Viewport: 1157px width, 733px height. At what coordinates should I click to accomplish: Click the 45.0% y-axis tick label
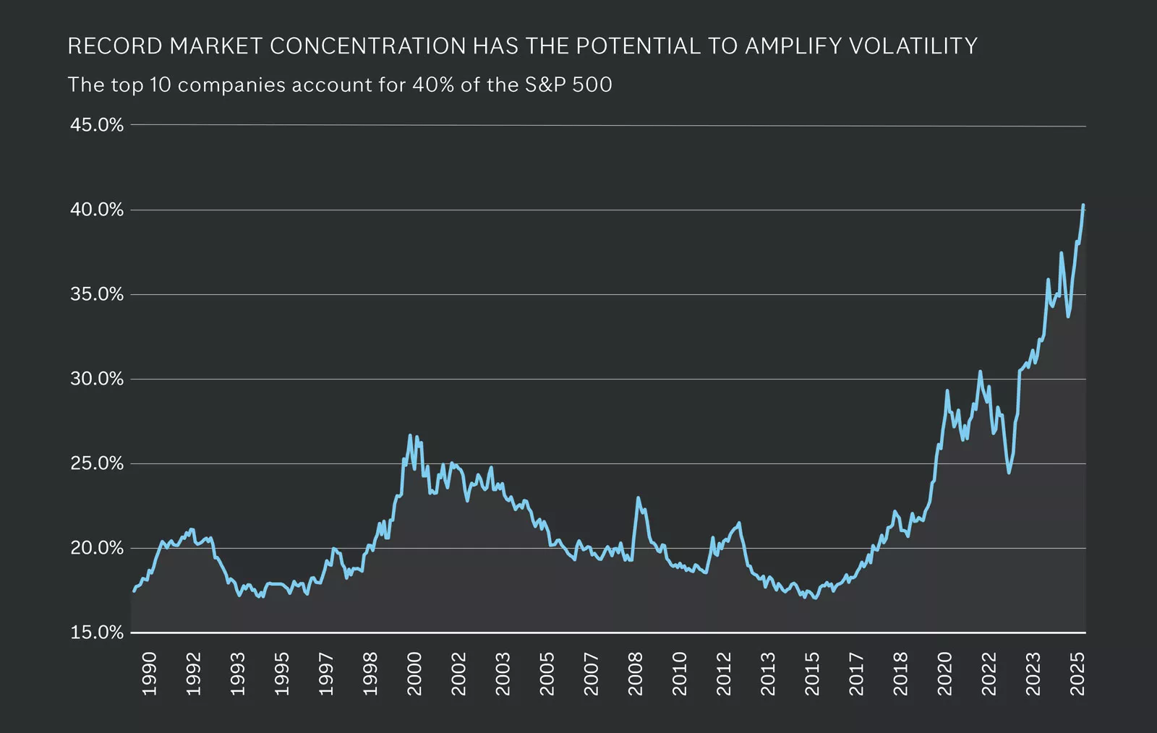coord(97,125)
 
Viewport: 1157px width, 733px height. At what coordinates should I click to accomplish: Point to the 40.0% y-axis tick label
coord(97,210)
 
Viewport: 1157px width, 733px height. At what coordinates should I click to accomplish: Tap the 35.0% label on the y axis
coord(97,294)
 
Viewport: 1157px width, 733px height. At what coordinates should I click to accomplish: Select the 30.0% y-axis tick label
coord(97,379)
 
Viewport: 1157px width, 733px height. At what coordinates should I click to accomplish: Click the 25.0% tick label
coord(97,463)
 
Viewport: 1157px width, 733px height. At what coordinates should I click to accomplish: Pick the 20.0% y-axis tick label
coord(97,548)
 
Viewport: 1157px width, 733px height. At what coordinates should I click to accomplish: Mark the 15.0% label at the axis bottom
coord(97,633)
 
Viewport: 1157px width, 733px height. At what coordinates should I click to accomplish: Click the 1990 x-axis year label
coord(149,674)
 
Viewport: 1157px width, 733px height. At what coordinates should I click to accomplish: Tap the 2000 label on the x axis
coord(414,674)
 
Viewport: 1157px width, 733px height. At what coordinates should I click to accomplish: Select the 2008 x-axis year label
coord(636,674)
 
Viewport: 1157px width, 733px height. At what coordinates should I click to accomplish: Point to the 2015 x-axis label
coord(812,674)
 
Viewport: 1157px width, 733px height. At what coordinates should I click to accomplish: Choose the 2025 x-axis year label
coord(1077,674)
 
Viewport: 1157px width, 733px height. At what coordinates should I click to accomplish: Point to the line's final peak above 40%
coord(1083,205)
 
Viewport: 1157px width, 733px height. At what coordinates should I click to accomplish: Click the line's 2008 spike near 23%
coord(638,497)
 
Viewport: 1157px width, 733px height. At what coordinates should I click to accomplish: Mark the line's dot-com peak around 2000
coord(410,435)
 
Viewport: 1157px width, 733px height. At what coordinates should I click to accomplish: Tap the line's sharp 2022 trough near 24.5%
coord(1009,473)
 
